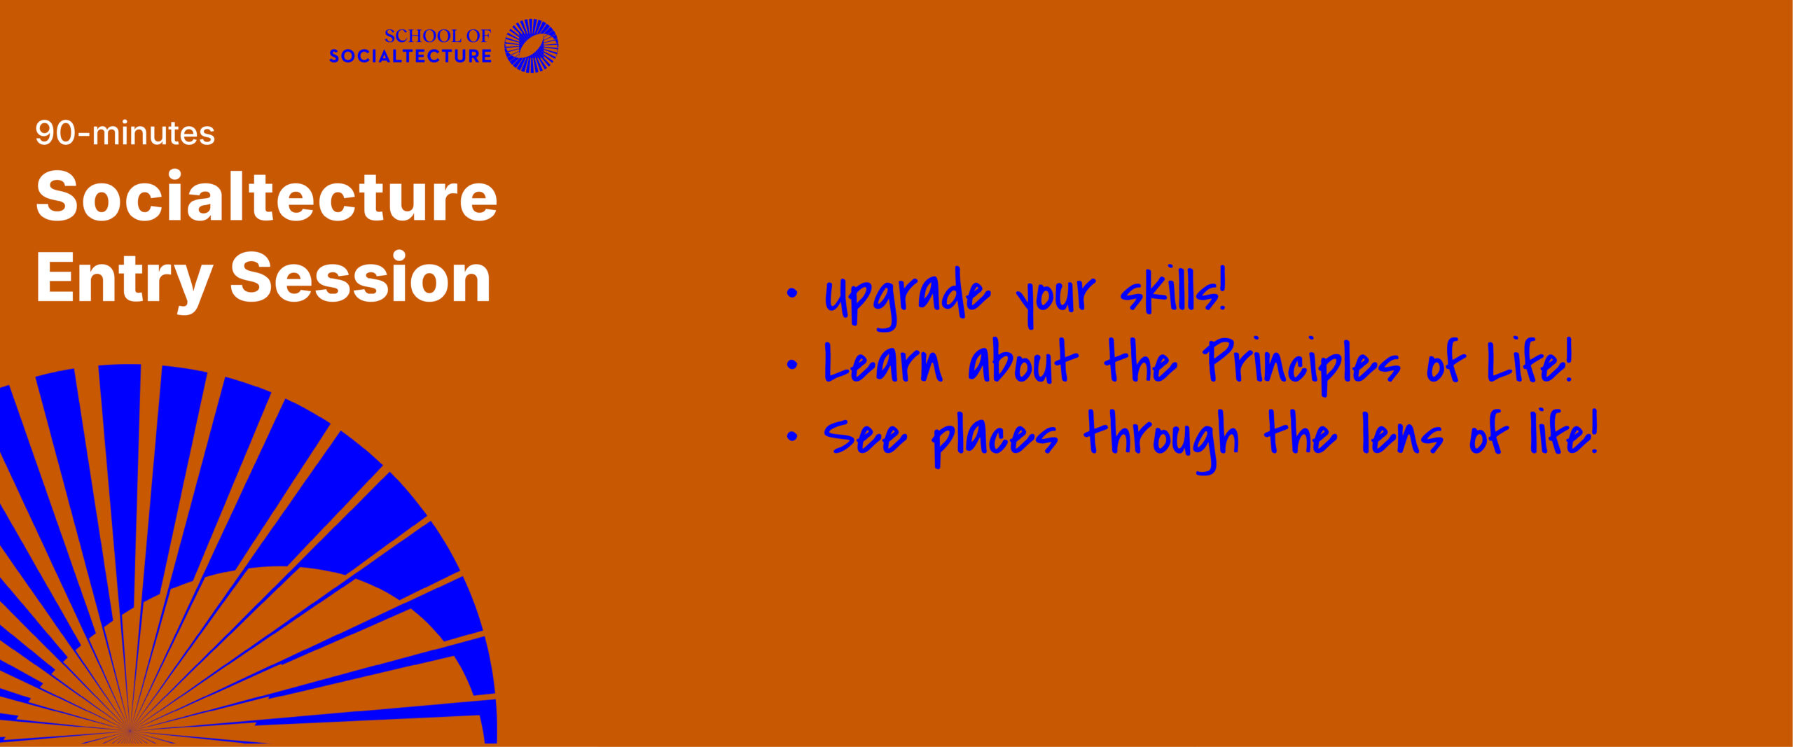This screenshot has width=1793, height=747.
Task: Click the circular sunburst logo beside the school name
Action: click(x=532, y=46)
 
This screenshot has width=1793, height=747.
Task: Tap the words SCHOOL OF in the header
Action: click(x=438, y=36)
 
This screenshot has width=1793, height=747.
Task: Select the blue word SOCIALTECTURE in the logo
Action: click(x=410, y=56)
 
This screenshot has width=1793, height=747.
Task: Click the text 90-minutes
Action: click(x=125, y=133)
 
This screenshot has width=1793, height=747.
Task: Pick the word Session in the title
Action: click(x=361, y=278)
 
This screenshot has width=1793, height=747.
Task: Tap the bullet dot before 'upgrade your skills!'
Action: click(x=792, y=293)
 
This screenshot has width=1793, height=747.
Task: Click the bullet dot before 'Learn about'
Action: click(x=792, y=364)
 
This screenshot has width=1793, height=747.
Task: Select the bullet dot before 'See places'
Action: click(x=792, y=436)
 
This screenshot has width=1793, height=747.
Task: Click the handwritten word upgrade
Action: click(x=908, y=298)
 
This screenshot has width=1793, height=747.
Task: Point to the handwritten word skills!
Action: click(x=1174, y=289)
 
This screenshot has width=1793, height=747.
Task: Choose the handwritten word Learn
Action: click(x=883, y=363)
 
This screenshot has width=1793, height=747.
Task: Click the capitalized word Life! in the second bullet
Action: click(x=1530, y=361)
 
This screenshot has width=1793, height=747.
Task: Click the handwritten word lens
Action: click(x=1402, y=434)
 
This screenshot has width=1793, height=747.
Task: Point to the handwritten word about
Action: click(x=1023, y=361)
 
